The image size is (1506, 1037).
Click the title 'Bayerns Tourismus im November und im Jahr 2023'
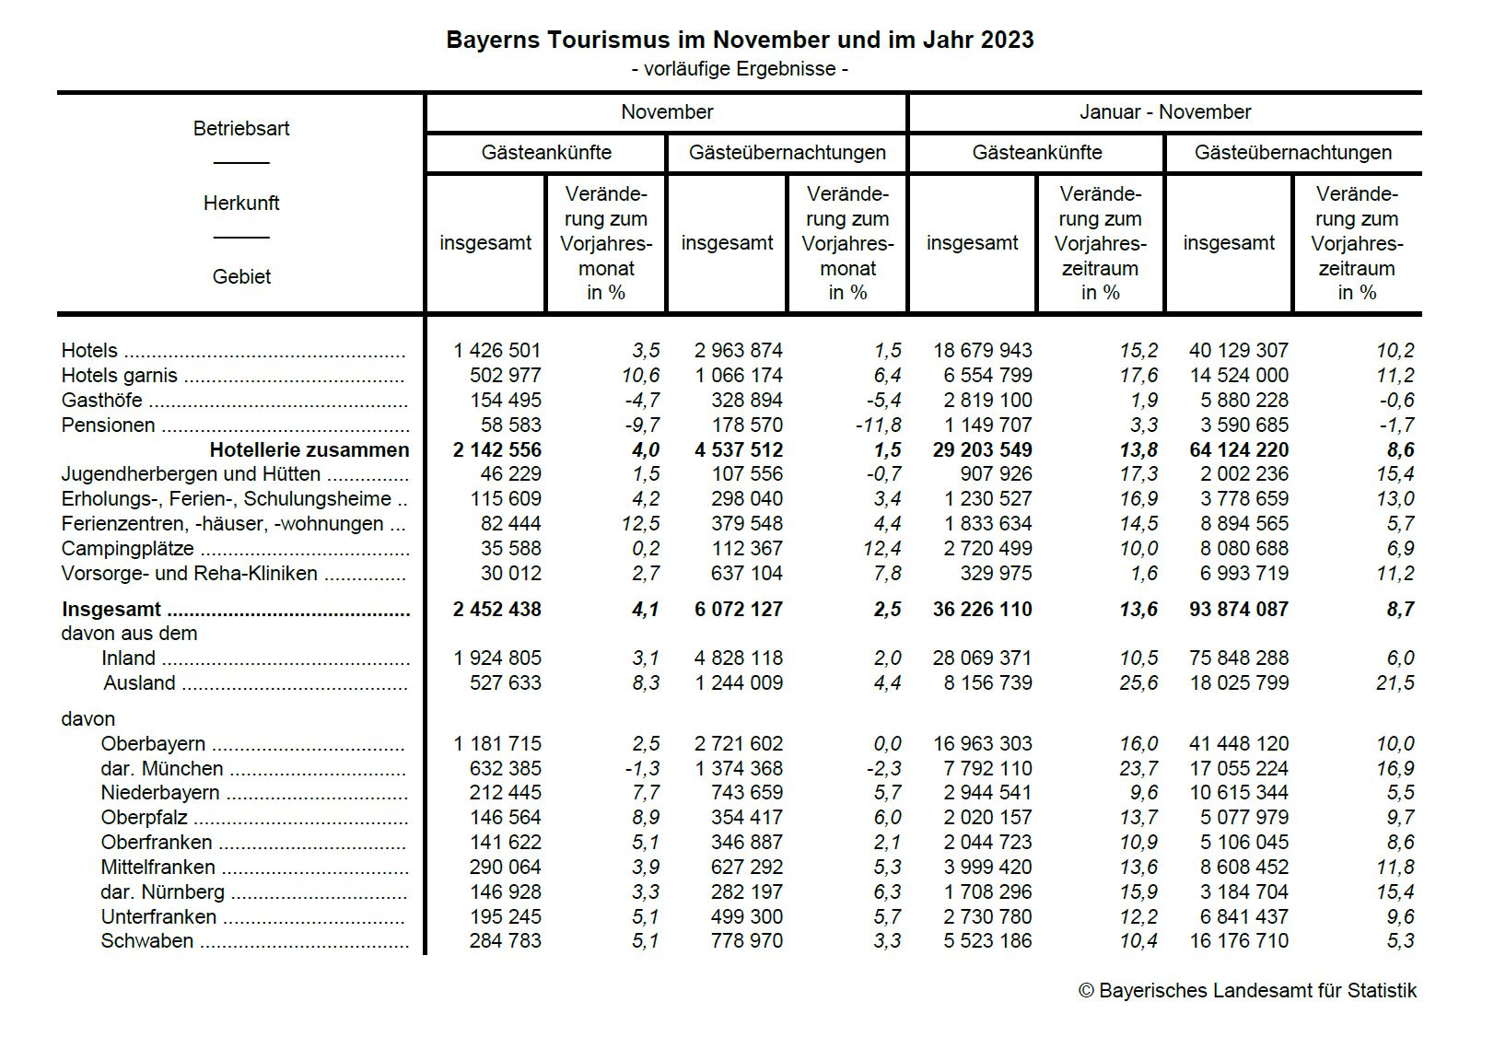point(740,40)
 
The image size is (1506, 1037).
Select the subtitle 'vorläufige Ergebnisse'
point(740,69)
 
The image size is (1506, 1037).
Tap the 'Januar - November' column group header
point(1164,112)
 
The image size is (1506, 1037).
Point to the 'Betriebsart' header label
point(241,129)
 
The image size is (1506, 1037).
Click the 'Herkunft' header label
point(241,204)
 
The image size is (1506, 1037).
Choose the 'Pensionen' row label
point(108,425)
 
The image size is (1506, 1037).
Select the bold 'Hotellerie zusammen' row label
point(309,450)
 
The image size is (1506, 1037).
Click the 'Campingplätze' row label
point(127,549)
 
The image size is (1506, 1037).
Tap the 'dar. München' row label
point(162,769)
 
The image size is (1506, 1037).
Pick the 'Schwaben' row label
point(147,941)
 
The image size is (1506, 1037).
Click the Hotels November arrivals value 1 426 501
point(497,351)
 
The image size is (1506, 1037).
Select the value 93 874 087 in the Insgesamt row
point(1239,610)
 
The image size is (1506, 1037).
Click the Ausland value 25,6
point(1138,683)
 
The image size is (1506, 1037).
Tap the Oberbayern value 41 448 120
point(1239,744)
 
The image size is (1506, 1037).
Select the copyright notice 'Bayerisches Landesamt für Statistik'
point(1248,991)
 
